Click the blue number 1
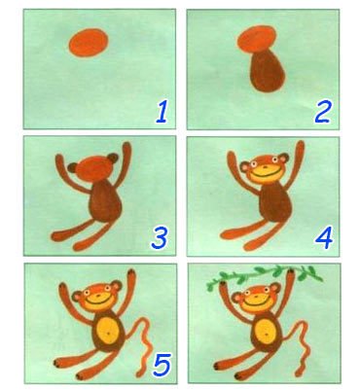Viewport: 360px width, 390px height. pos(162,112)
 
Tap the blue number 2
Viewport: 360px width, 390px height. pos(322,112)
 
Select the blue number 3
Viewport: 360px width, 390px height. pos(160,237)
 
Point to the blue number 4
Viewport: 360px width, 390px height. pos(324,237)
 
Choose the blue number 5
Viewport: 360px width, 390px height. pos(162,365)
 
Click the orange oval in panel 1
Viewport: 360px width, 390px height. pos(89,43)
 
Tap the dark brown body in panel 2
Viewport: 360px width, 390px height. pos(268,70)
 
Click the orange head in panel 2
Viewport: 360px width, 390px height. pos(257,40)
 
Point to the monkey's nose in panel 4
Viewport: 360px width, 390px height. pos(266,167)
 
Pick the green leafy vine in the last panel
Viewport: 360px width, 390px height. pos(265,276)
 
